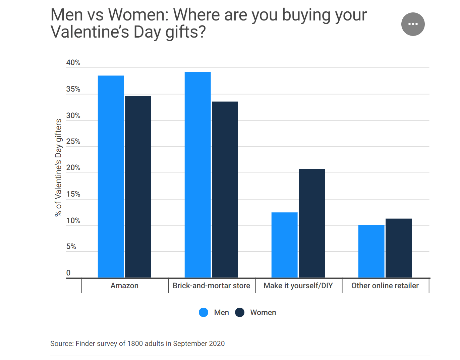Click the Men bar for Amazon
(x=111, y=176)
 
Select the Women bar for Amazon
(x=138, y=187)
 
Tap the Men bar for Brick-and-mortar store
(x=197, y=174)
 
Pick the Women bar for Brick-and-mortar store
(x=225, y=190)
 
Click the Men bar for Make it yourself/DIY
(x=284, y=245)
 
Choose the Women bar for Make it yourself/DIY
(x=312, y=223)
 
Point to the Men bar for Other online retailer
(x=371, y=251)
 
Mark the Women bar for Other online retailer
(x=399, y=248)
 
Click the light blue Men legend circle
(x=204, y=312)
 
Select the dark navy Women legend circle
(x=240, y=312)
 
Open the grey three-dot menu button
(x=413, y=24)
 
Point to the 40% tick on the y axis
(x=73, y=63)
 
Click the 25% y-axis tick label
(x=73, y=142)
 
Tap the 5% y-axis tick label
(x=71, y=247)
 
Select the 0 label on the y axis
(x=68, y=273)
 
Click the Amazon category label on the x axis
(x=124, y=286)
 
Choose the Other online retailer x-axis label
(x=385, y=286)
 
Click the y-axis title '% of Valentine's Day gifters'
(x=58, y=168)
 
